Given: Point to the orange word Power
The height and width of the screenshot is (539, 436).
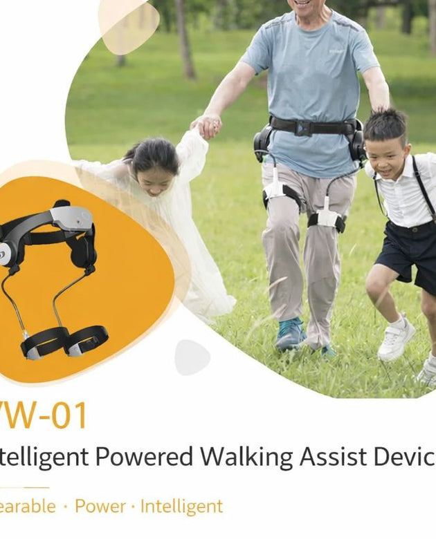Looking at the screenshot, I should click(100, 507).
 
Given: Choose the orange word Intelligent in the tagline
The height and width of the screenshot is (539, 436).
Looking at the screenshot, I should click(181, 507).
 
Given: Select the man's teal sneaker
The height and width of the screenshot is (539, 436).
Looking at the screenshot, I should click(290, 334).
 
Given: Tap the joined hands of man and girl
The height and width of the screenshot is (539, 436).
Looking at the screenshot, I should click(207, 126).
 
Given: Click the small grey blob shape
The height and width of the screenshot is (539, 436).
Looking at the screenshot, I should click(192, 357).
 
